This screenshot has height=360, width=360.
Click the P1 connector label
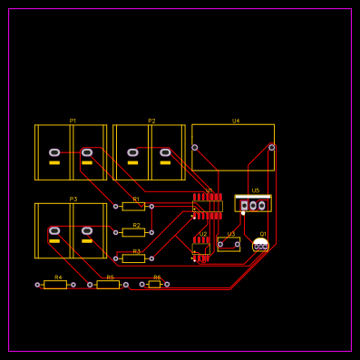tap(73, 121)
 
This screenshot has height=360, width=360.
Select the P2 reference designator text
tap(151, 121)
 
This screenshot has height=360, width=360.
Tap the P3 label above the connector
tap(73, 199)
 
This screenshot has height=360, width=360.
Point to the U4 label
tap(236, 121)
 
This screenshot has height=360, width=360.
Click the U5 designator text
tap(256, 190)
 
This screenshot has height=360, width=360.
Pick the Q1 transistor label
tap(263, 234)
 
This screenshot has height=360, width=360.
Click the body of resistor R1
tap(133, 207)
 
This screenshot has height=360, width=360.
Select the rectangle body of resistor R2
tap(133, 232)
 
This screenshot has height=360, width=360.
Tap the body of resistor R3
tap(133, 258)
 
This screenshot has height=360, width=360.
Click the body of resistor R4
tap(55, 285)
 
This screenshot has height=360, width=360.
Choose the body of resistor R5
tap(108, 285)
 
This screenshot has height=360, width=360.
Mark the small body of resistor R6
tap(154, 284)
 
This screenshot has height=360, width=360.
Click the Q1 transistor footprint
tap(261, 245)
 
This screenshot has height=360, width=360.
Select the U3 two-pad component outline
tap(229, 244)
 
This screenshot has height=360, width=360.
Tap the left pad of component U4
tap(195, 147)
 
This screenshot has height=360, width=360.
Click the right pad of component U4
tap(271, 147)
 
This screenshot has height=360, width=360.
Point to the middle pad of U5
tap(253, 206)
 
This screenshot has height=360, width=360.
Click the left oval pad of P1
tap(54, 152)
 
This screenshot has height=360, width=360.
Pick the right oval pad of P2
tap(165, 152)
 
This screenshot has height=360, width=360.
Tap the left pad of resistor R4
tap(38, 285)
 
